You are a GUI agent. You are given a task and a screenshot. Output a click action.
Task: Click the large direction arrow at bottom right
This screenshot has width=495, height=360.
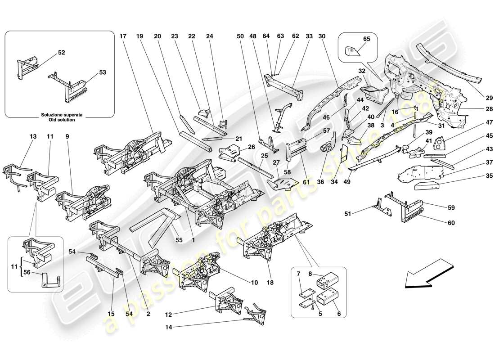(x=428, y=273)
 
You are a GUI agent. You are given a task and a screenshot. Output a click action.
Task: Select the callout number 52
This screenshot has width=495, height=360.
(x=62, y=53)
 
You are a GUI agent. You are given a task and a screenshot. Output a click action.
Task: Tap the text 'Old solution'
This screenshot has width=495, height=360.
(x=59, y=120)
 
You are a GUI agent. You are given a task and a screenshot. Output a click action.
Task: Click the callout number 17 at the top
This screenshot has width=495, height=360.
(x=123, y=36)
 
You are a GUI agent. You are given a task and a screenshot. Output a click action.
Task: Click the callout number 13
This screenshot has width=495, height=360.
(x=33, y=135)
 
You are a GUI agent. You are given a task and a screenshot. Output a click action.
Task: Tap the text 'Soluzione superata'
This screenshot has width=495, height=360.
(x=59, y=114)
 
